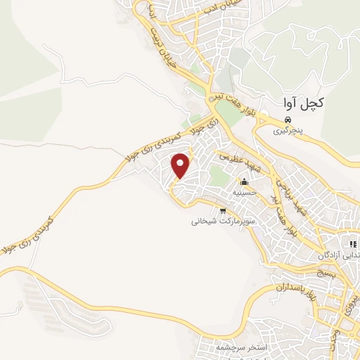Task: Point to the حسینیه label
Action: pos(248,191)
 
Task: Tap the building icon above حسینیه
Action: pos(245,181)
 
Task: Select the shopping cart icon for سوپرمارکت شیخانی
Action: pos(223,210)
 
